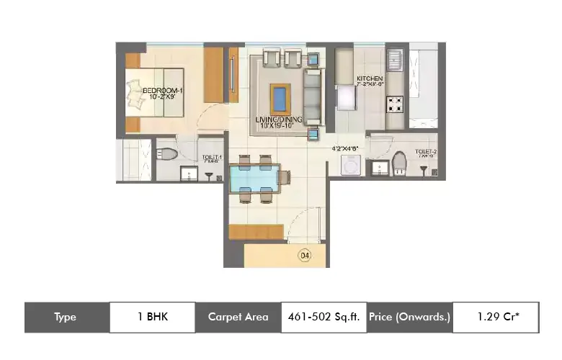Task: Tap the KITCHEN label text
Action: click(x=369, y=78)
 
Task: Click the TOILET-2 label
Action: click(x=425, y=152)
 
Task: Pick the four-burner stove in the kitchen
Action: click(x=395, y=105)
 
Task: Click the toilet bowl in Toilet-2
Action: click(x=401, y=161)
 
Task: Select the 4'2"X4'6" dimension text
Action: click(x=345, y=149)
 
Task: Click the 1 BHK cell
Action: click(x=152, y=317)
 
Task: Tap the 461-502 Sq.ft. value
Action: click(x=324, y=317)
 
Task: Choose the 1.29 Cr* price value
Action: click(x=495, y=317)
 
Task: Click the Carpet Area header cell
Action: click(x=238, y=317)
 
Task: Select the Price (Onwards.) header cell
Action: click(x=409, y=317)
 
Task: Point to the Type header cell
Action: click(x=66, y=317)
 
